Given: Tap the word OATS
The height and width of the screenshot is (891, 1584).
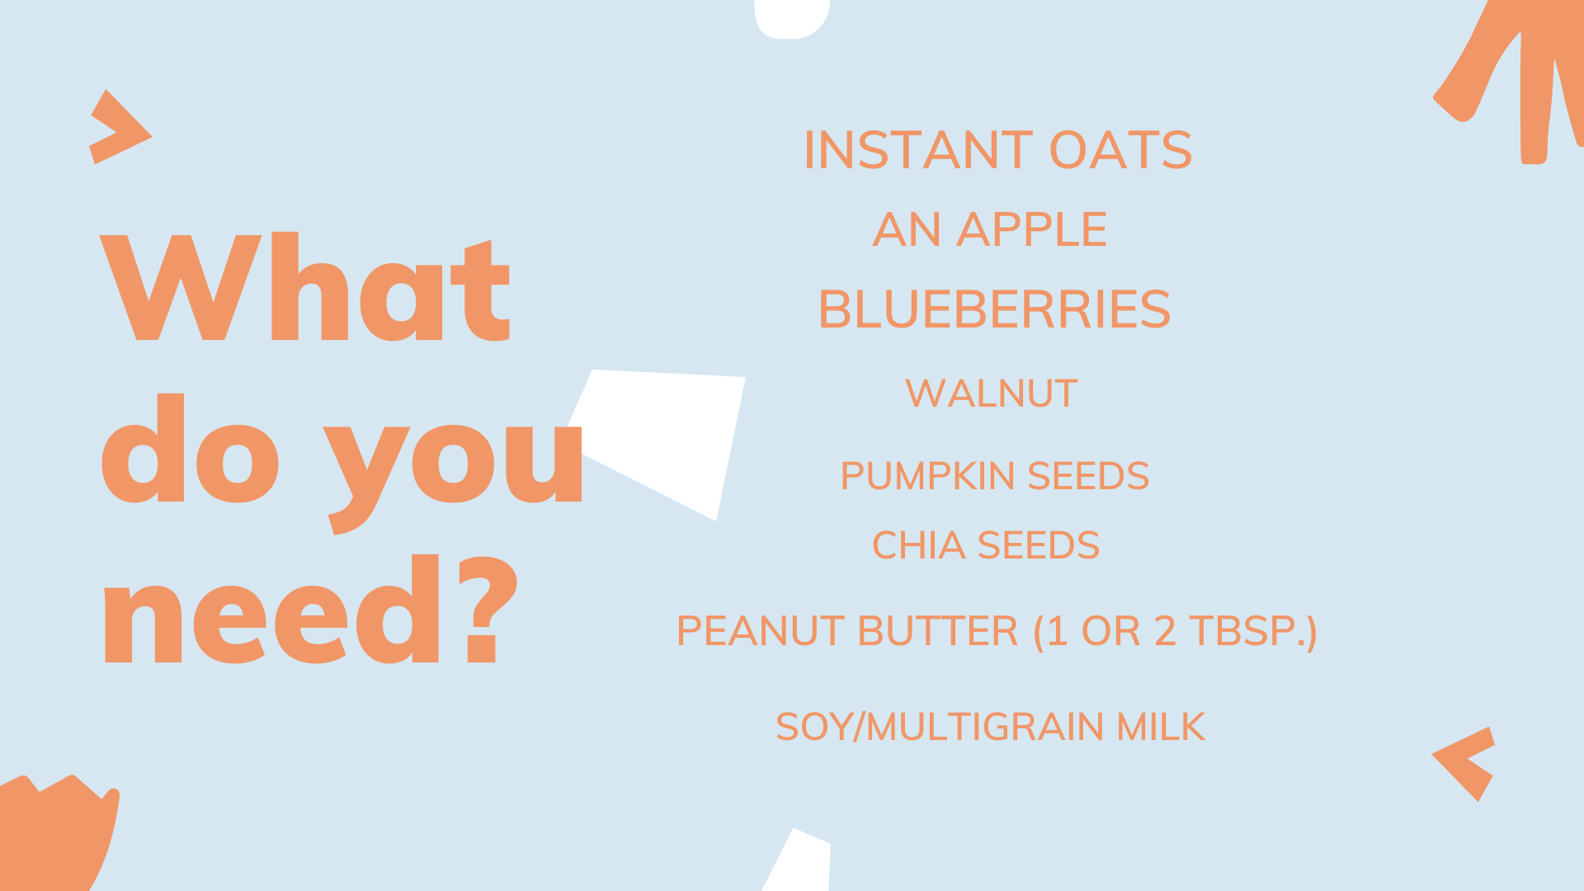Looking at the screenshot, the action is [1120, 150].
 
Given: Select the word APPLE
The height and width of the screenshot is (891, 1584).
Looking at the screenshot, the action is [1031, 229].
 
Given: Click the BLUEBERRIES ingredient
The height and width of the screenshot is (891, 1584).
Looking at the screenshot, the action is [994, 309].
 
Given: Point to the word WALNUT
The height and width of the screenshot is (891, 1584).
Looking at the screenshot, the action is [992, 394].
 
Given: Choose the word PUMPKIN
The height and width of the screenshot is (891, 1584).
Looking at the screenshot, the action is [927, 476].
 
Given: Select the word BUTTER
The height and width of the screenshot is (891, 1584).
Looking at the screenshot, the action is [938, 631].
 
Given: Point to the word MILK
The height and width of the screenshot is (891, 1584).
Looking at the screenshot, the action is [1161, 727].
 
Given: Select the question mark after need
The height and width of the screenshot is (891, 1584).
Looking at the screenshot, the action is [488, 610].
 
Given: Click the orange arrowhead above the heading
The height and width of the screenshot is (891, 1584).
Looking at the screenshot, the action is [120, 127].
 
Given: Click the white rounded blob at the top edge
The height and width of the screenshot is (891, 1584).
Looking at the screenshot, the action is [792, 19].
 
